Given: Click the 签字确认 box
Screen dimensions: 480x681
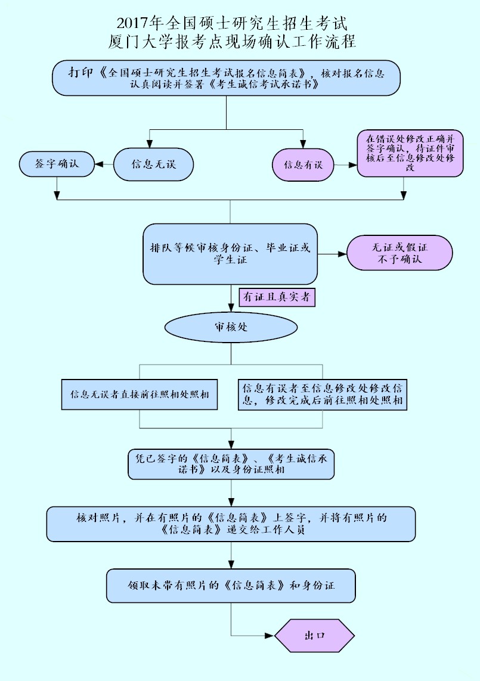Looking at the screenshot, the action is click(x=57, y=164).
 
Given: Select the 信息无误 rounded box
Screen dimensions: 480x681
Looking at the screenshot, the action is click(x=153, y=164).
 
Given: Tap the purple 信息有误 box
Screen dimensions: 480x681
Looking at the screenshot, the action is click(x=303, y=164).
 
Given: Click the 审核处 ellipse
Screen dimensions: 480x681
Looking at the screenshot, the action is click(x=231, y=327).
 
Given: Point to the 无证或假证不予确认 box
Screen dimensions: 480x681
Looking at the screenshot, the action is click(x=400, y=253).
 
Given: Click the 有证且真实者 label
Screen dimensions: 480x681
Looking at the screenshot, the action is click(x=277, y=297).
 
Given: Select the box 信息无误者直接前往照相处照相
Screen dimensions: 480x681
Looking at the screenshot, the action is click(x=140, y=394).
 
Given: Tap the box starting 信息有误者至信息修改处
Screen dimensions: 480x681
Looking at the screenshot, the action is click(x=323, y=394).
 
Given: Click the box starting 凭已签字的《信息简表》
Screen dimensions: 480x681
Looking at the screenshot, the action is click(x=231, y=464).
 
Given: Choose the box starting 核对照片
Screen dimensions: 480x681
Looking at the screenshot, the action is click(x=231, y=524).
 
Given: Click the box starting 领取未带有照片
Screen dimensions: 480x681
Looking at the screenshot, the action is click(x=231, y=586).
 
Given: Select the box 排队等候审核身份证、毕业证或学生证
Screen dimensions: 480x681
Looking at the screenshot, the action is click(x=230, y=254).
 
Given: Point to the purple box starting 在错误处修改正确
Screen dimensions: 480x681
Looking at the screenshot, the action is click(x=410, y=153).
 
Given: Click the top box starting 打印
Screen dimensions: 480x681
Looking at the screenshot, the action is click(x=226, y=78).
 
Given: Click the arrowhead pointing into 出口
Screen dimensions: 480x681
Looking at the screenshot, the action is click(x=270, y=636).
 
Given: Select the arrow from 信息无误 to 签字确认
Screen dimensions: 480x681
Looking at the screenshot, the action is click(x=104, y=164).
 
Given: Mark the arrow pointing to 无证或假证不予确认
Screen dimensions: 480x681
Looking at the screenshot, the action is click(x=332, y=254).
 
